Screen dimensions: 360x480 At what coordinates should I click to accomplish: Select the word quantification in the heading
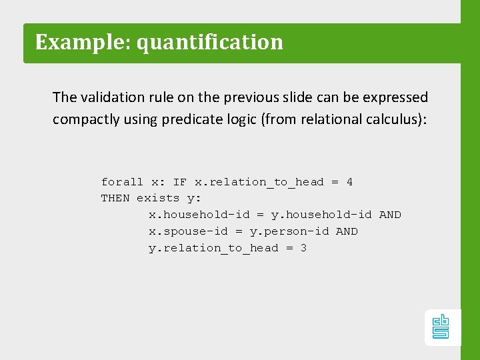pos(210,42)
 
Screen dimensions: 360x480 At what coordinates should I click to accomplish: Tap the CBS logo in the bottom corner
pos(441,327)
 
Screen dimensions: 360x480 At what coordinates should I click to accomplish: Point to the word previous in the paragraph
pos(253,97)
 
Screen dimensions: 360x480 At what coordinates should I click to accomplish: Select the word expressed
pos(395,97)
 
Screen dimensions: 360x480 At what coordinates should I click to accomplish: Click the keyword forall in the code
pos(122,182)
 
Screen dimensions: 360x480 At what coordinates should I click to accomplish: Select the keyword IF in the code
pos(180,182)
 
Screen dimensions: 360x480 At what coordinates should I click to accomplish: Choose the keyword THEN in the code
pos(115,198)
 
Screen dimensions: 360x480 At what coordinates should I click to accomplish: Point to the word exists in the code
pos(158,198)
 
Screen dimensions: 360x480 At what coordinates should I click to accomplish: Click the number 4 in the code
pos(349,182)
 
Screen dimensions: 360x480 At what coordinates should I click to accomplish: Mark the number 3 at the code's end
pos(303,248)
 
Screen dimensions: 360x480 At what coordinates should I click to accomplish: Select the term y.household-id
pos(321,215)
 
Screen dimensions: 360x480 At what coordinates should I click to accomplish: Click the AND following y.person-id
pos(347,231)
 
